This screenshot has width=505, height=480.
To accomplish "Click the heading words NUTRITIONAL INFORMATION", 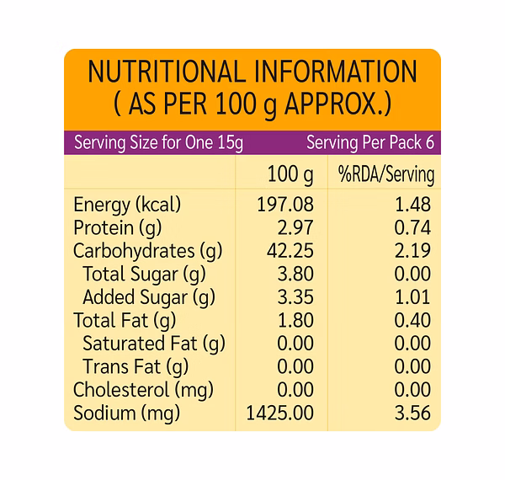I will [x=252, y=72].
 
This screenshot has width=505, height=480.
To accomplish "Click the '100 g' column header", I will [x=290, y=175].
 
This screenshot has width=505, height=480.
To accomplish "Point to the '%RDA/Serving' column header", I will [x=386, y=175].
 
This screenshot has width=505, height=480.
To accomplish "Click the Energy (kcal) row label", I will [x=127, y=205].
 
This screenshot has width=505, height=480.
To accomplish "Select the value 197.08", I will [x=285, y=205].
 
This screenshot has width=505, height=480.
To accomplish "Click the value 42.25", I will [x=290, y=251].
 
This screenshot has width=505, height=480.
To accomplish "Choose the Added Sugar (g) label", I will [x=149, y=297].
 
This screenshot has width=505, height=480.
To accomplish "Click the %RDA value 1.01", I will [x=413, y=297].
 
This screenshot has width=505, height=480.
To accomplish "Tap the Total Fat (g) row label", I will [x=125, y=320].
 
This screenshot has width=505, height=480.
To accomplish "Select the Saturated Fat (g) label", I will [x=154, y=344].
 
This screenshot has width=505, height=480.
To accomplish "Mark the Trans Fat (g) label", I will [x=136, y=366].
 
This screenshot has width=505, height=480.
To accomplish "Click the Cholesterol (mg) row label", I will [x=142, y=390].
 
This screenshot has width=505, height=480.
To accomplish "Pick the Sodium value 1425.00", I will [x=280, y=413].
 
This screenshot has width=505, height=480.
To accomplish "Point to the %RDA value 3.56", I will [x=413, y=413].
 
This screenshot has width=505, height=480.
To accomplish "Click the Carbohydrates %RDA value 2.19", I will [x=413, y=251].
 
